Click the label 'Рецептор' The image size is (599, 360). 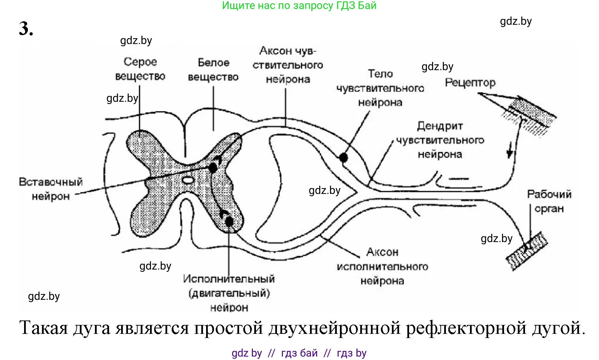click(470, 83)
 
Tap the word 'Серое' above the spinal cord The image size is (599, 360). click(140, 62)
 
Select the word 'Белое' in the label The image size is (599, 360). click(213, 63)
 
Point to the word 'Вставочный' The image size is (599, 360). click(51, 182)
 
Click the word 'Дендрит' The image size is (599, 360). click(440, 126)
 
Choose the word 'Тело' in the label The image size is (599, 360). click(380, 74)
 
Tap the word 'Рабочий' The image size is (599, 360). click(549, 194)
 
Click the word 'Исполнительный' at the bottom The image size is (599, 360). click(229, 279)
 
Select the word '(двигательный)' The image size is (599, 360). click(229, 293)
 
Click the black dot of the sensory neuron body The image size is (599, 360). click(343, 157)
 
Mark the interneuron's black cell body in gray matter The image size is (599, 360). click(213, 168)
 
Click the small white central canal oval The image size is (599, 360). click(188, 180)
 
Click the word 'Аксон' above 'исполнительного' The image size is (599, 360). click(382, 252)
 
